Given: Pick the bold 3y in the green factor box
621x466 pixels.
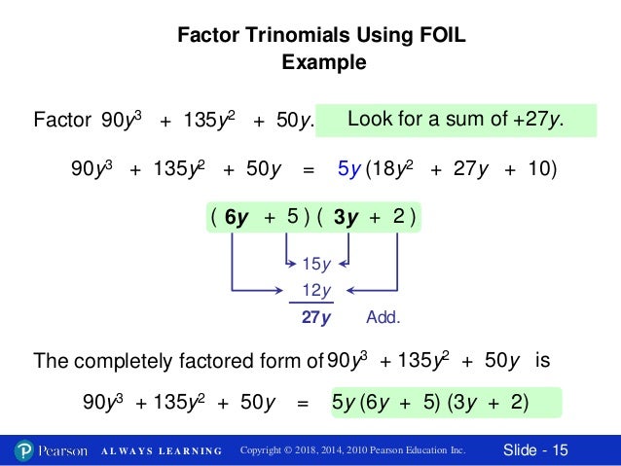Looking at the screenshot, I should pyautogui.click(x=346, y=218).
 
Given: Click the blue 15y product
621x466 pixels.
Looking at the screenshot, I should pyautogui.click(x=317, y=264).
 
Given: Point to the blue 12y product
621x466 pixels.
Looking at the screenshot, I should pyautogui.click(x=317, y=290).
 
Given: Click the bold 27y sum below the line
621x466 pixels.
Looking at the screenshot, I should pyautogui.click(x=317, y=318).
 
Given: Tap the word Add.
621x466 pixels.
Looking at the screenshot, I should pyautogui.click(x=384, y=318).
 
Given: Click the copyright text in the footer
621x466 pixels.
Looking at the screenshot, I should pyautogui.click(x=352, y=450).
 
